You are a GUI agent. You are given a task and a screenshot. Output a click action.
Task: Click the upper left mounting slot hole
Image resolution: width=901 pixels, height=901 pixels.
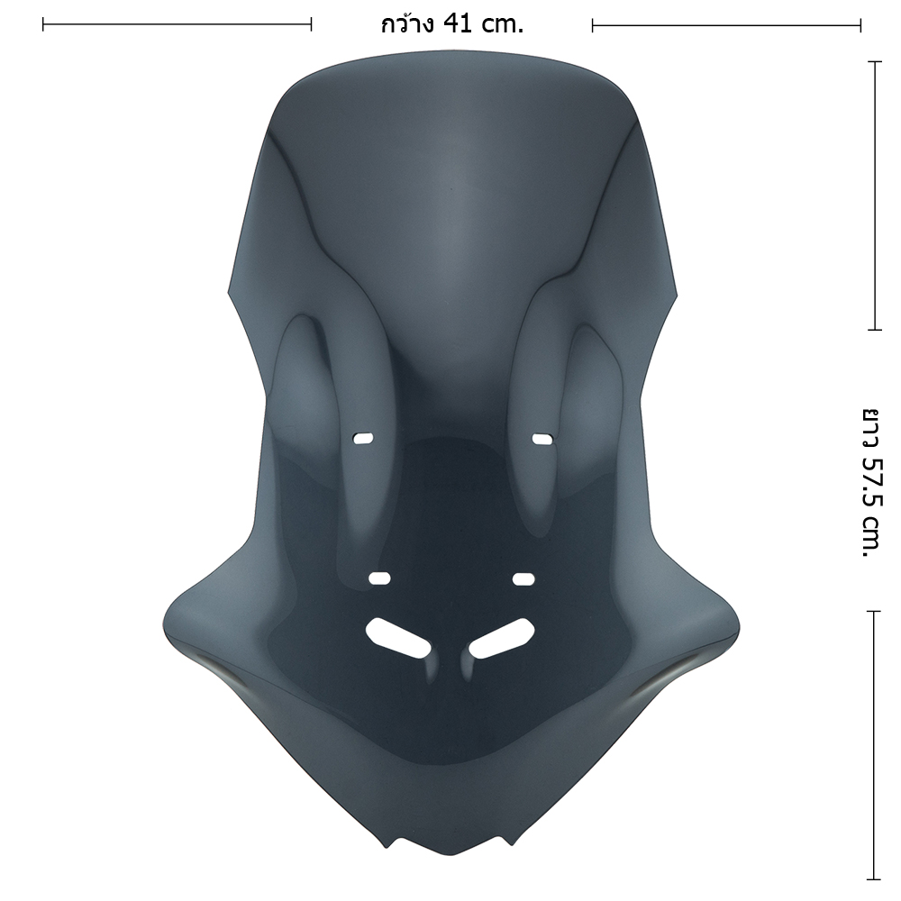coord(363,439)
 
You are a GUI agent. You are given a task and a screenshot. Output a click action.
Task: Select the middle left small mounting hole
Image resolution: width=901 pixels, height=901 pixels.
coord(379,578)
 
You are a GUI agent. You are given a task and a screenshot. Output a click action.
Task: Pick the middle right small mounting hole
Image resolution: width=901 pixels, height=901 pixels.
coord(523,578)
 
